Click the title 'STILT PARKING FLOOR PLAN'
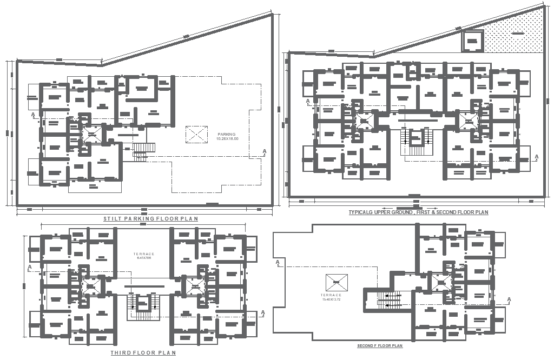[x=150, y=219]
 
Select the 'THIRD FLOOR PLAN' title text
[x=143, y=352]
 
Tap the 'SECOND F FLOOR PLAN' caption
[x=380, y=345]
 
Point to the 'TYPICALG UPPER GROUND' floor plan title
[x=418, y=212]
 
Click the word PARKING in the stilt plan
[x=227, y=134]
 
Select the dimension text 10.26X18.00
[x=227, y=139]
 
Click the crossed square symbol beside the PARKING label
[x=196, y=135]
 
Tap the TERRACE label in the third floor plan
[x=144, y=254]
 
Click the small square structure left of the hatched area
[x=472, y=41]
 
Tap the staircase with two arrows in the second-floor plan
[x=389, y=297]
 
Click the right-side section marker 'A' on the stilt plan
[x=264, y=151]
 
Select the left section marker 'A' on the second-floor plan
[x=278, y=263]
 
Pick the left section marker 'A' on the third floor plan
[x=30, y=268]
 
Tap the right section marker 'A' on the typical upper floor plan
[x=536, y=157]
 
